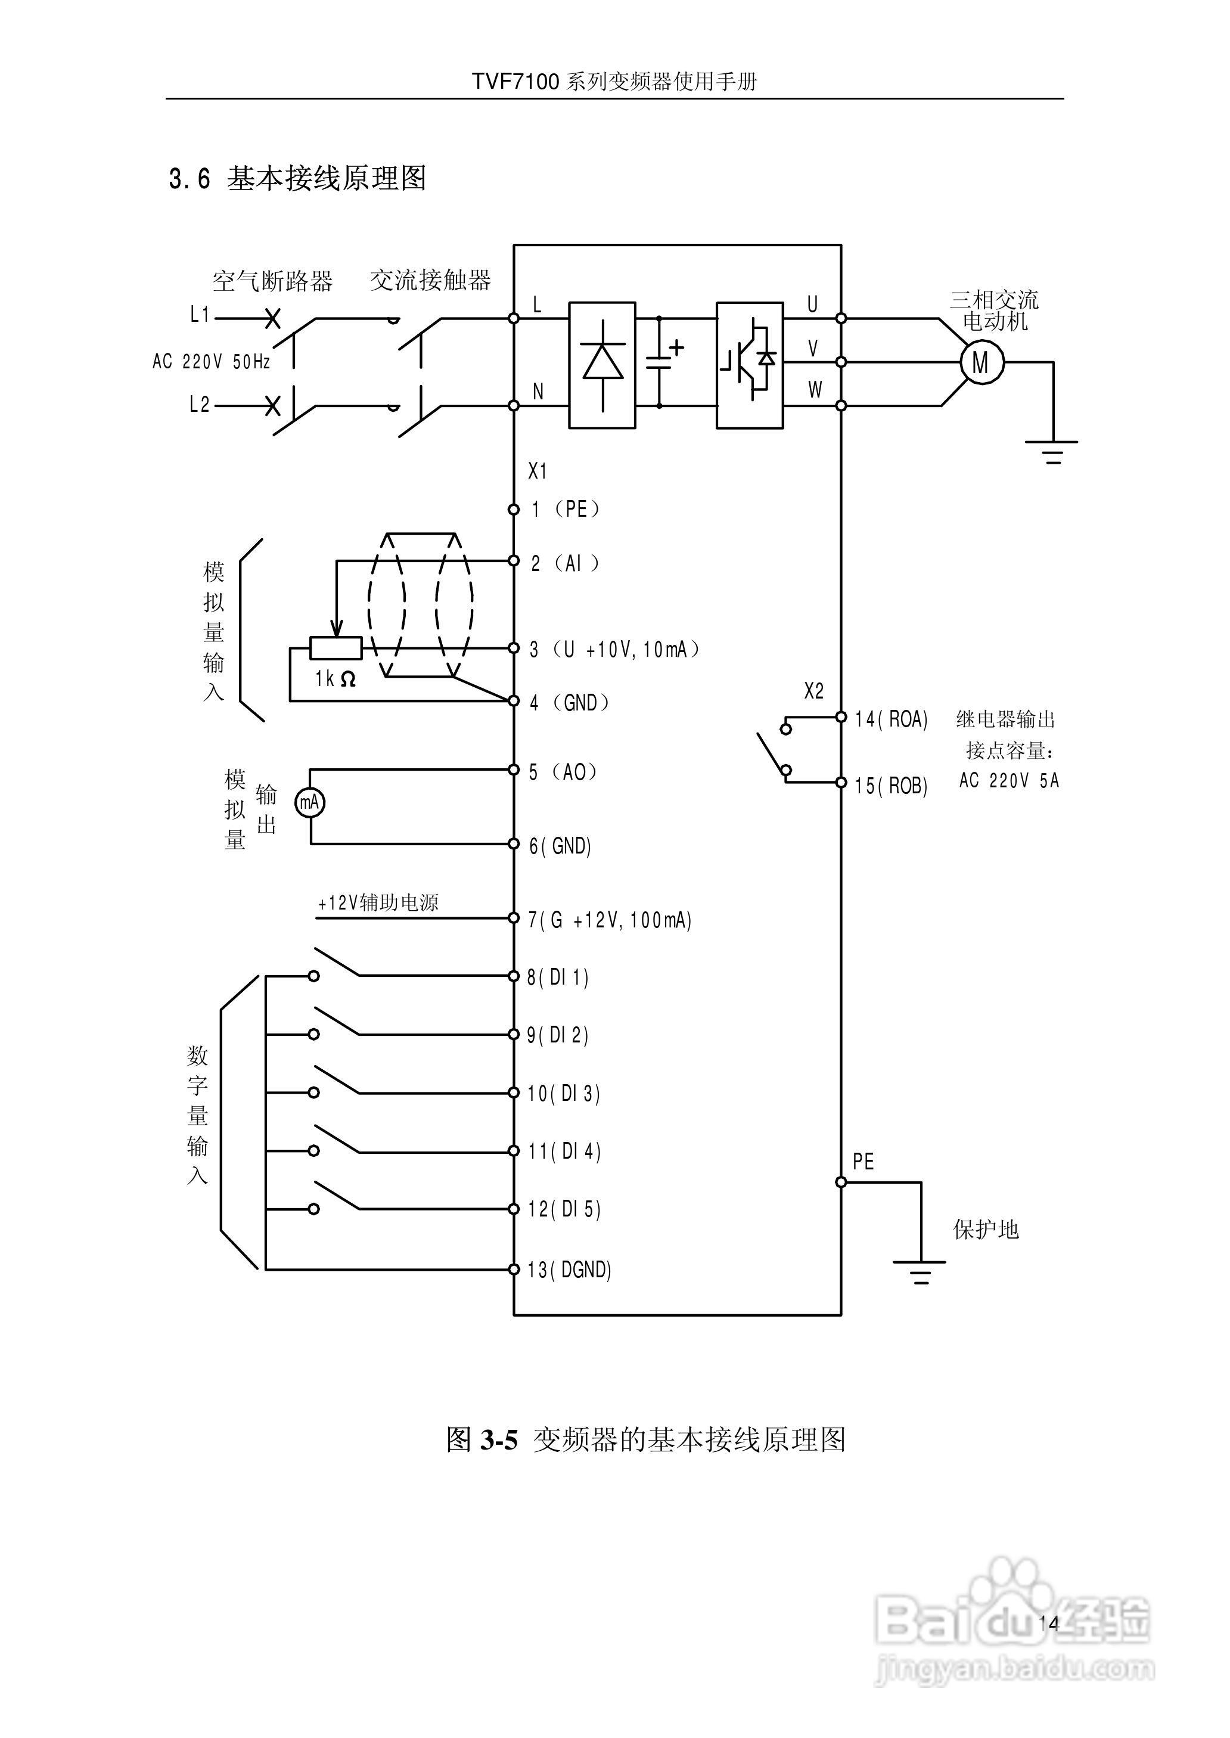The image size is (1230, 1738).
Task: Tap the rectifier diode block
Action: coord(602,364)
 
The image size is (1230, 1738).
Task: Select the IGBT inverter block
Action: coord(750,364)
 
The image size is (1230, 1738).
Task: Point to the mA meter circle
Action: coord(310,803)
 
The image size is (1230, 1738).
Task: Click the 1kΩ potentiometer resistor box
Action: coord(336,649)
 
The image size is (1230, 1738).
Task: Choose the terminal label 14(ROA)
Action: coord(892,719)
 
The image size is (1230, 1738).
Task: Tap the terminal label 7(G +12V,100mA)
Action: coord(610,920)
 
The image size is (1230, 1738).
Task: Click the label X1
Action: coord(538,471)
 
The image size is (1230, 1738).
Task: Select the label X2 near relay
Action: coord(813,691)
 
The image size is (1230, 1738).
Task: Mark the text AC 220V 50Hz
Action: coord(212,362)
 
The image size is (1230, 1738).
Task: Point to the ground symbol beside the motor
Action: coord(1052,452)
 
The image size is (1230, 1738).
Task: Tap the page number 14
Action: coord(1048,1623)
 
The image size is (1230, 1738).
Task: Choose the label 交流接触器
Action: coord(430,280)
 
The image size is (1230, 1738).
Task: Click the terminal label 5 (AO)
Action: coord(564,772)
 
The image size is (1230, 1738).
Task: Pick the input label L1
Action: coord(199,315)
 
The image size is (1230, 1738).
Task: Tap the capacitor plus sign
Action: coord(676,347)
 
